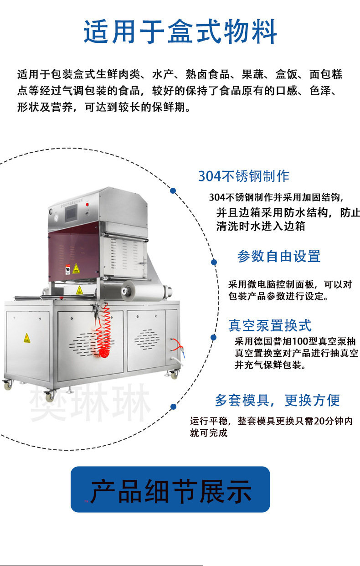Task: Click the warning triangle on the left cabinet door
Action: click(x=27, y=338)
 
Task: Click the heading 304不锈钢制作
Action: click(x=243, y=176)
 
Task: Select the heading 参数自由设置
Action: click(x=278, y=256)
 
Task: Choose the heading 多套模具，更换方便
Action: click(x=277, y=400)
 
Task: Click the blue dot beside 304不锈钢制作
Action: click(x=173, y=191)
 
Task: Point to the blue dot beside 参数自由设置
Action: click(x=213, y=262)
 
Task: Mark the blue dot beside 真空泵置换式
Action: click(x=213, y=337)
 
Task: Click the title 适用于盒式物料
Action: click(x=180, y=32)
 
